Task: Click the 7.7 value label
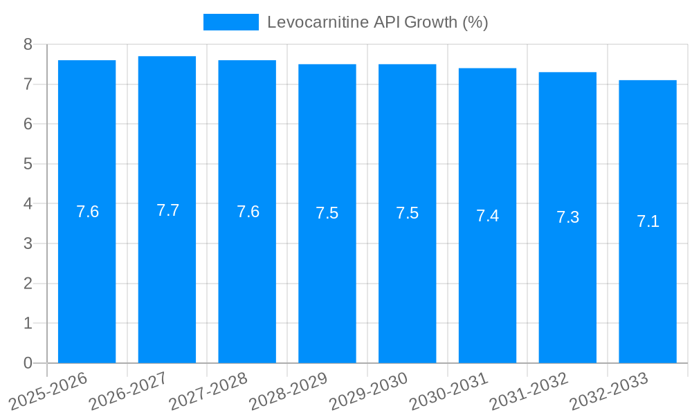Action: [x=167, y=210]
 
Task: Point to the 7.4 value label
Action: [x=487, y=216]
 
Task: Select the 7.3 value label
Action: [x=567, y=217]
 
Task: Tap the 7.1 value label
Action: [x=648, y=221]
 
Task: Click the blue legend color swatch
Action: [x=230, y=22]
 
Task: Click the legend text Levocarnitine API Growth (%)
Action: [x=377, y=22]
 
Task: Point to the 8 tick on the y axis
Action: [x=28, y=44]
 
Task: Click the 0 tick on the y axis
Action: [x=28, y=363]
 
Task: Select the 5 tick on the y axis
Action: [x=28, y=164]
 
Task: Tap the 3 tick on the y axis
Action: [x=28, y=243]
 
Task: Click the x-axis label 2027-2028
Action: [x=208, y=391]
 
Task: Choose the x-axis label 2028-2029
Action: [x=289, y=391]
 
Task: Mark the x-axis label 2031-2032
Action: [x=529, y=391]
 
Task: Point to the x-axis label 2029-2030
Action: [x=369, y=391]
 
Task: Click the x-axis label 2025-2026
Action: [x=48, y=391]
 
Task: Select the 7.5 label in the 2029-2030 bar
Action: [x=407, y=213]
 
